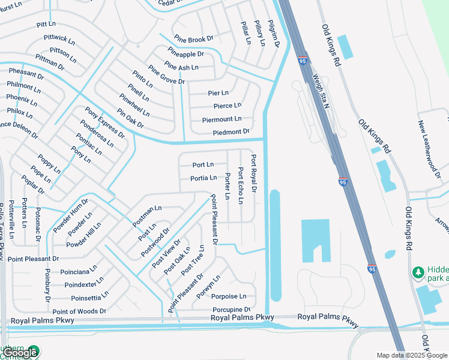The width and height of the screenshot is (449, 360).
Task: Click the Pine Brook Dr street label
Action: (x=193, y=40)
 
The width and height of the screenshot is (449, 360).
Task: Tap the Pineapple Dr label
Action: (x=185, y=53)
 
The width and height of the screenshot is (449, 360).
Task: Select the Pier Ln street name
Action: (x=218, y=93)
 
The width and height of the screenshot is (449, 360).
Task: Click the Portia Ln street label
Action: (x=203, y=178)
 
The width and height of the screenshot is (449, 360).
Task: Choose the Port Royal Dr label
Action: (x=253, y=173)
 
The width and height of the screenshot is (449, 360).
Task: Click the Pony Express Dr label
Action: (x=104, y=122)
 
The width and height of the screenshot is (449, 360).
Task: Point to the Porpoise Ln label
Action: (x=229, y=296)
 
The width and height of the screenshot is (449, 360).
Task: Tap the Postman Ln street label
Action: (x=147, y=215)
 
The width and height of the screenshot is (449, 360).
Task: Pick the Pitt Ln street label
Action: (x=46, y=25)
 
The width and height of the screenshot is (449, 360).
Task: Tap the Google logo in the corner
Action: (x=20, y=353)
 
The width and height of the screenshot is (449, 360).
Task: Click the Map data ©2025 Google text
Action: (x=412, y=355)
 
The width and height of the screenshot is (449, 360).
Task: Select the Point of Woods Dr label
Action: (x=79, y=311)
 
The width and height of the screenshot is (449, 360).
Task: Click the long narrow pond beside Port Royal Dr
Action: (x=275, y=246)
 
